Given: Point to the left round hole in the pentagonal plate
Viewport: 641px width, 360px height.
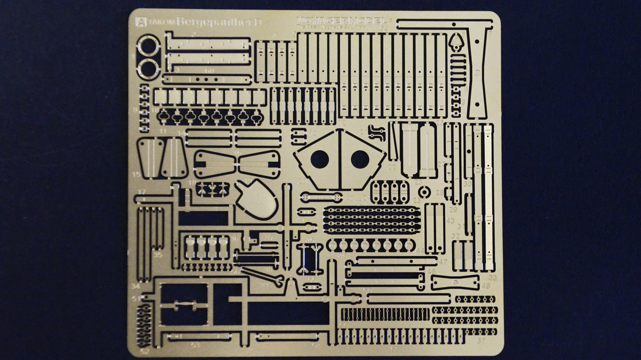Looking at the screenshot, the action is pos(319,159).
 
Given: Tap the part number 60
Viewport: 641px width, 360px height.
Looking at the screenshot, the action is pos(209,71).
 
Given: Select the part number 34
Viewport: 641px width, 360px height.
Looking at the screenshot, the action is pos(135,286).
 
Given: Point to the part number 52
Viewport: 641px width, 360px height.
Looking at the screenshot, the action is pos(145,351).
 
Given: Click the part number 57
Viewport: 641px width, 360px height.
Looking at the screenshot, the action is pos(481,341).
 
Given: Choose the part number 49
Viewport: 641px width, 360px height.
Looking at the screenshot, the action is pos(486,286).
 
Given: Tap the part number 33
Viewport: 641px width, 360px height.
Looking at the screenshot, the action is pos(492,278).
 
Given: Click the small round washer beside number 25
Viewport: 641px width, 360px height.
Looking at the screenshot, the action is pos(425,192).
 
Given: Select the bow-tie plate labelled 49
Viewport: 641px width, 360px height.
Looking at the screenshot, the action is pos(455,283).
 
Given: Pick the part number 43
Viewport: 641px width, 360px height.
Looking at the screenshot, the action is pos(450,221).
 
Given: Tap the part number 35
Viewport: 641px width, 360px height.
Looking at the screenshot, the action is pos(157,254).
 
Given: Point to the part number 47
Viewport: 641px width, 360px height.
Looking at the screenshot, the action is pos(443,262).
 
